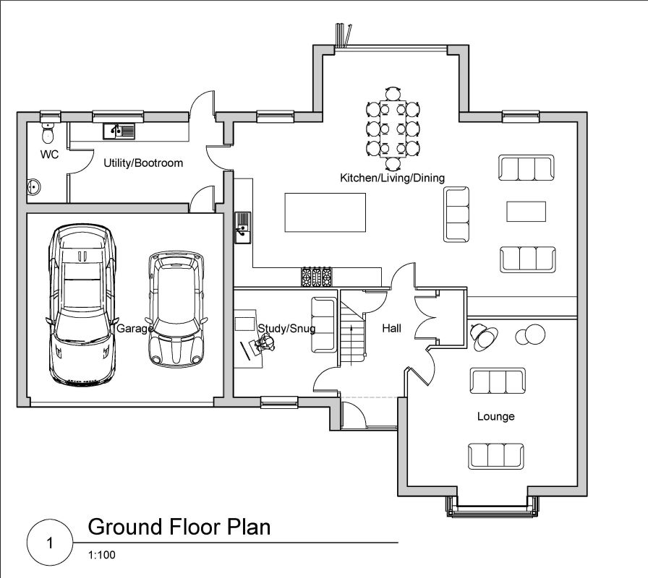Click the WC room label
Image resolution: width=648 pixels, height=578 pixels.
point(49,155)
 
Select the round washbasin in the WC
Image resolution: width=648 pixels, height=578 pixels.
point(34,187)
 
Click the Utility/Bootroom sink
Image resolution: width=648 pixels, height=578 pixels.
point(118,131)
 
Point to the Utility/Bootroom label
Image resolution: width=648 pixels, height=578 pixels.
point(143,163)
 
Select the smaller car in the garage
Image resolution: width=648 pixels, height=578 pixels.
point(176,309)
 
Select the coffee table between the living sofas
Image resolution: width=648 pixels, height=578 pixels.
point(526,211)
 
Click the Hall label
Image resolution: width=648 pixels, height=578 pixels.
point(391,329)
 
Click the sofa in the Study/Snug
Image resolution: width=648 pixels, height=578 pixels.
point(323,325)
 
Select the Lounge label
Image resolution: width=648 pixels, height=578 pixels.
point(495,417)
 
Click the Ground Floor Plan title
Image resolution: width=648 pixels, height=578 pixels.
point(179,527)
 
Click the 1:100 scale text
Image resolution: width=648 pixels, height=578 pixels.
point(101,556)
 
